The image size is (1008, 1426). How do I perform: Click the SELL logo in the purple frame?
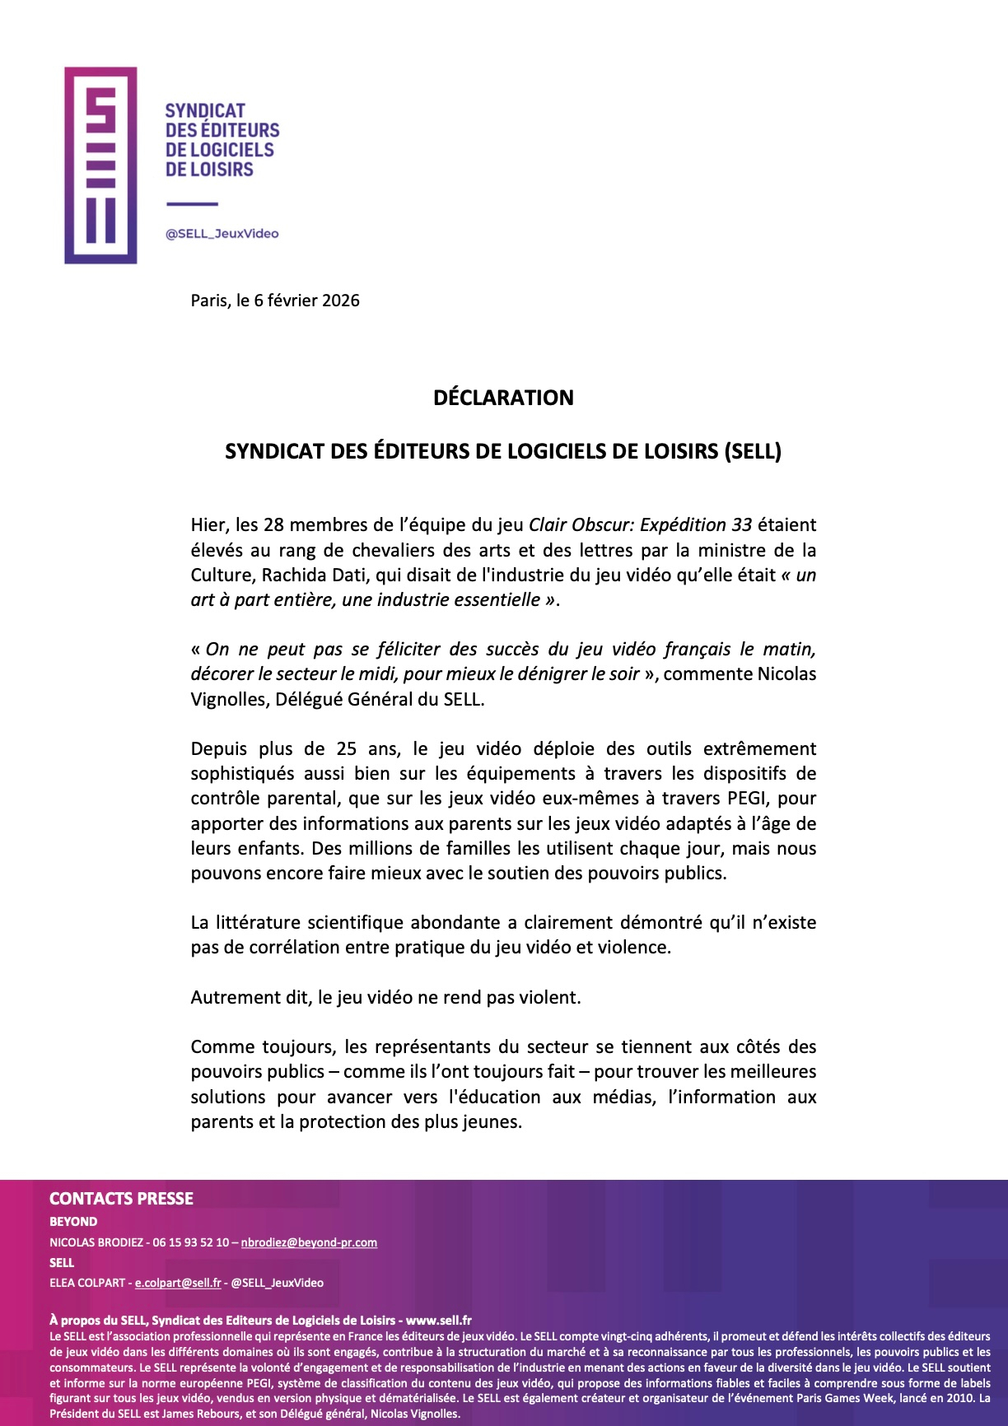pos(100,165)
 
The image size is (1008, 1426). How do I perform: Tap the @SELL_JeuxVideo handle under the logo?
pos(222,234)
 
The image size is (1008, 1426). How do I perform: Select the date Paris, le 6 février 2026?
pos(275,301)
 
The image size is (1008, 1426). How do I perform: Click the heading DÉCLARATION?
pos(503,398)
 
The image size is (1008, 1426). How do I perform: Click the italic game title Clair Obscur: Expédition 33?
pos(640,525)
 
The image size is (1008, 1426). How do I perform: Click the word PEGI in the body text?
pos(749,799)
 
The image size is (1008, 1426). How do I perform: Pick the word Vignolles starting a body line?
pos(228,700)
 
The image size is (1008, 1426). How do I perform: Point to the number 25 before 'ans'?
pos(348,749)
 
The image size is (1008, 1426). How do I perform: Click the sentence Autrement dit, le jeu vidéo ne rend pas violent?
pos(385,998)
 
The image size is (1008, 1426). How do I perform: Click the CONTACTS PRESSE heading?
pos(121,1199)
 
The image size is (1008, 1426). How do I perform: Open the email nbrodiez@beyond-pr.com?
pos(309,1242)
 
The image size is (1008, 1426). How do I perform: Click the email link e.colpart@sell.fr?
pos(178,1283)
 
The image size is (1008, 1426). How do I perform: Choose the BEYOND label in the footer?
pos(73,1222)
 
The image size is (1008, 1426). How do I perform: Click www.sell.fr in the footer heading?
pos(439,1321)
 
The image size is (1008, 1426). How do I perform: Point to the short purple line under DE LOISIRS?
pos(192,204)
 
